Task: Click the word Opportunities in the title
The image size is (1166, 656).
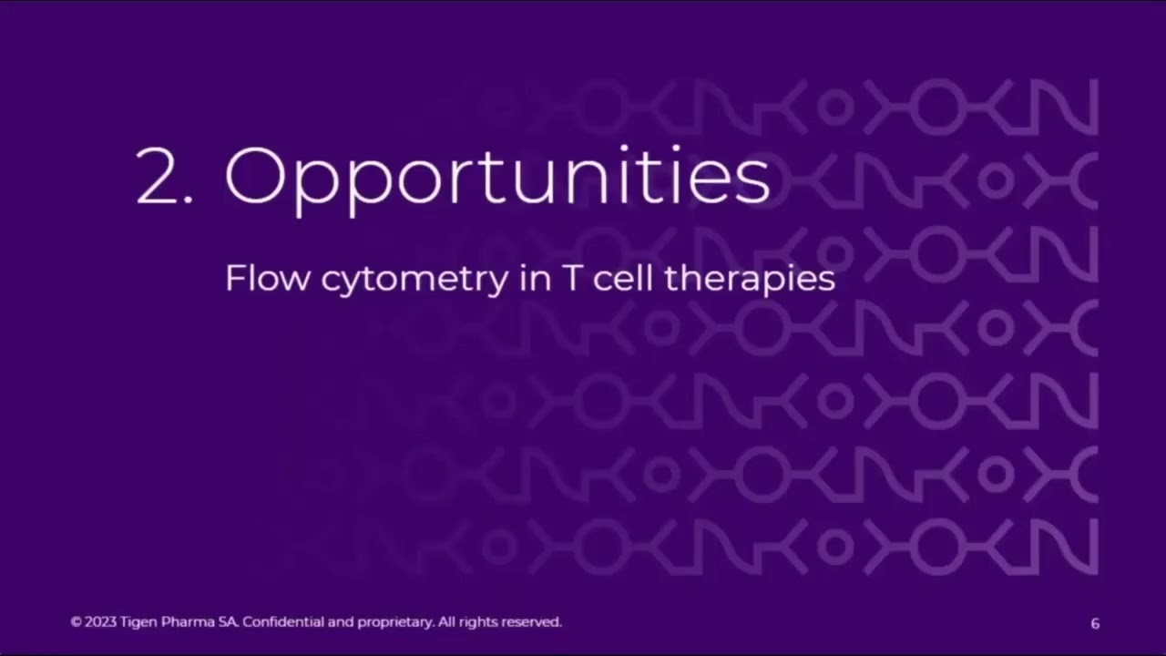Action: pyautogui.click(x=497, y=178)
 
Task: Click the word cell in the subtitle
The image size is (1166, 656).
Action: pyautogui.click(x=624, y=279)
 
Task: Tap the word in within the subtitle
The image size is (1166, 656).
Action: pyautogui.click(x=531, y=279)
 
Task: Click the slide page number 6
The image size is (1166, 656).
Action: pyautogui.click(x=1095, y=623)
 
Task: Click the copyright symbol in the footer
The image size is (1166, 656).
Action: pyautogui.click(x=76, y=622)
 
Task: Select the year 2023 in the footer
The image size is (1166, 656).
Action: pyautogui.click(x=100, y=622)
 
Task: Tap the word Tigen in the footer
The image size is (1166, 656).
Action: pyautogui.click(x=138, y=622)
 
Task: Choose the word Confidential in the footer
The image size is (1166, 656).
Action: pyautogui.click(x=283, y=622)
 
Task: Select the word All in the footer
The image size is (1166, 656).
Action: pyautogui.click(x=445, y=622)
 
